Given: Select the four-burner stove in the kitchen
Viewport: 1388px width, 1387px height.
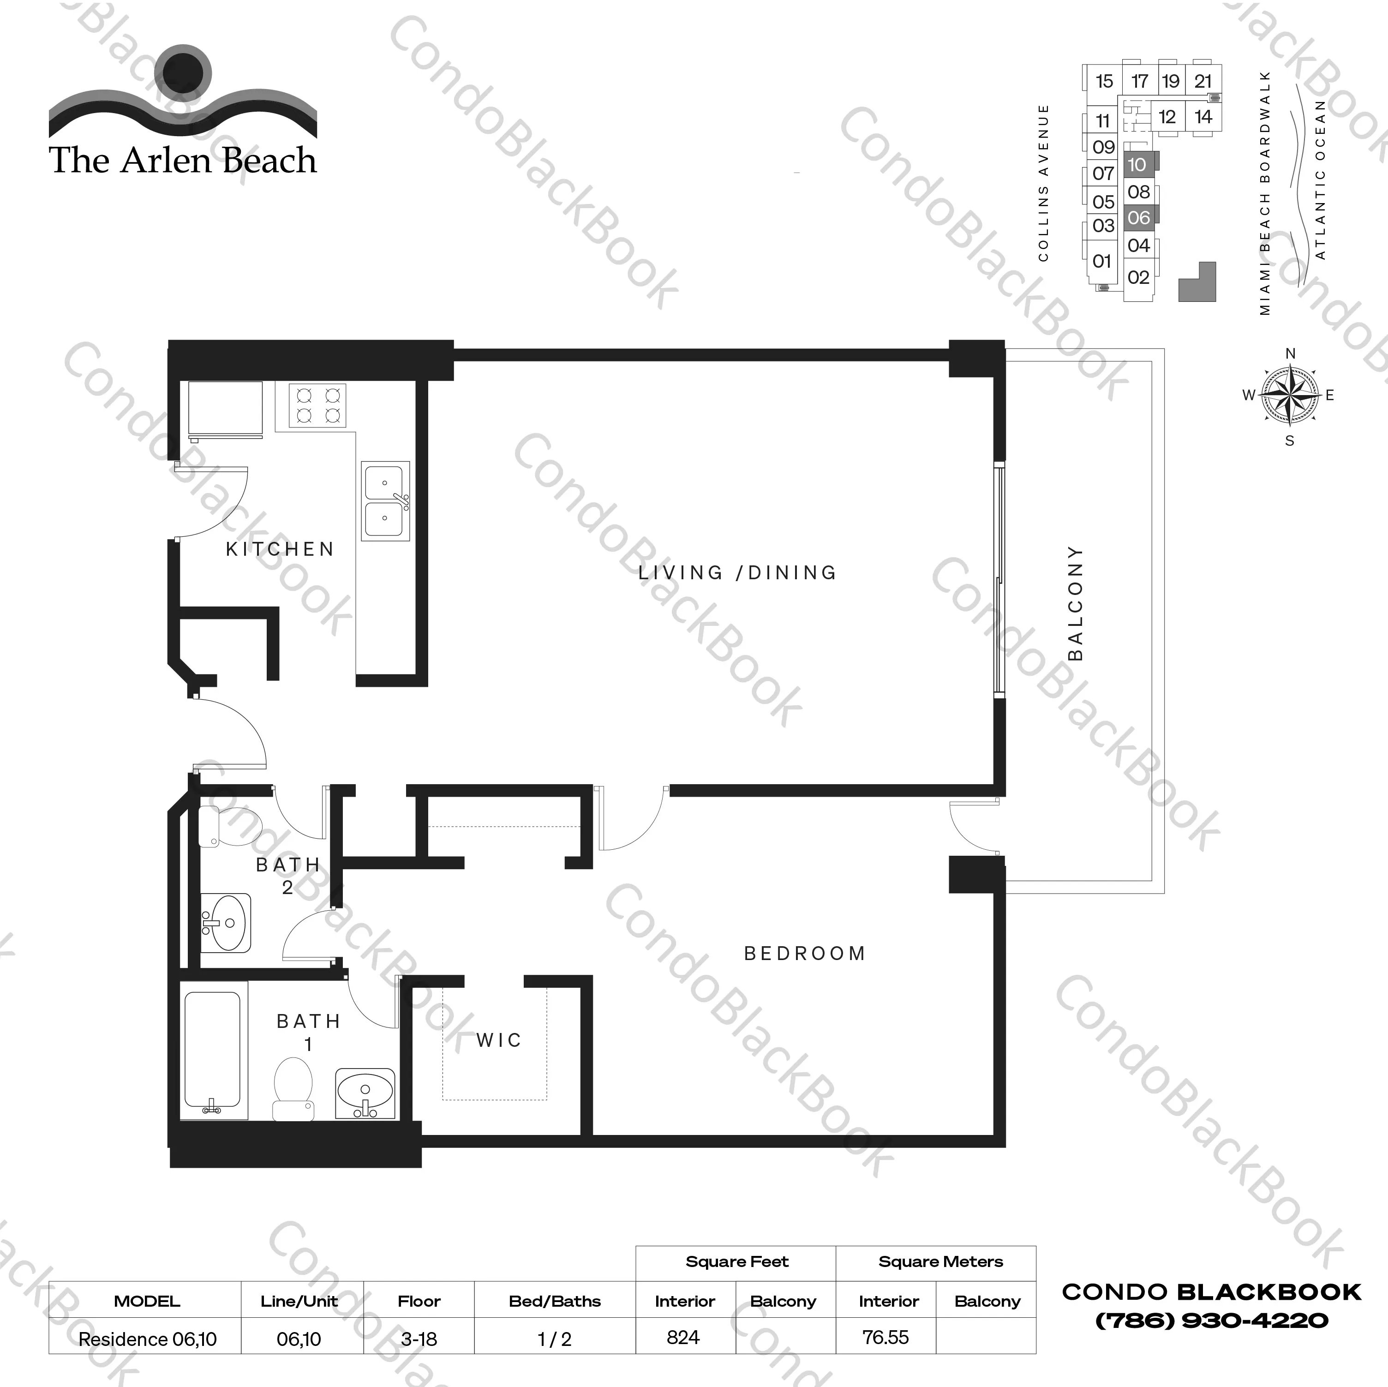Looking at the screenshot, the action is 317,405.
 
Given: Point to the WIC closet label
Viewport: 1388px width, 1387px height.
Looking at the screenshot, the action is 499,1040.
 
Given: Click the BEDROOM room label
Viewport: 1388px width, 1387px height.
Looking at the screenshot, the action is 805,953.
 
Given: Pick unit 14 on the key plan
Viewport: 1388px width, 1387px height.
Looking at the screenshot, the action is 1203,116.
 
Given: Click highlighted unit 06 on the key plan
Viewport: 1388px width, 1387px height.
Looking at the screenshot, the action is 1139,217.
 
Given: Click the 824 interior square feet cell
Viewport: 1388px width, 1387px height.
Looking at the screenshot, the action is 683,1338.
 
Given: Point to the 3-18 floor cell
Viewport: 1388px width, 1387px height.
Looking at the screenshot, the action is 419,1339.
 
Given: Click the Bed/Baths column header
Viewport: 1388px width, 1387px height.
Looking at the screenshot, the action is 555,1301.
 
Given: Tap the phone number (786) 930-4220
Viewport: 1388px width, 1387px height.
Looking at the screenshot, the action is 1211,1320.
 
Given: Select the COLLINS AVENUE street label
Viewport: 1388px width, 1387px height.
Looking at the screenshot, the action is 1043,182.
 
